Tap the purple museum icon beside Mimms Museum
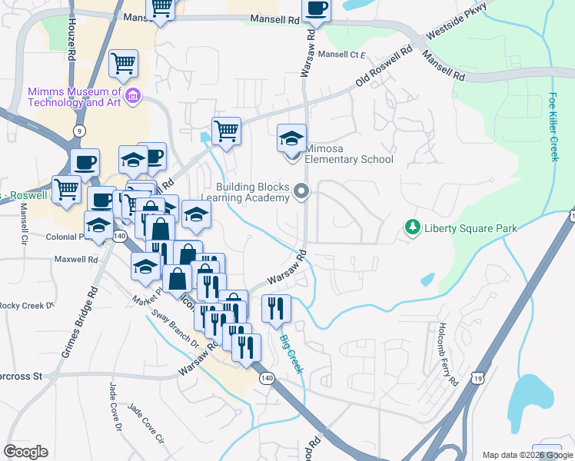[132, 97]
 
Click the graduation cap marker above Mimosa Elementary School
[291, 139]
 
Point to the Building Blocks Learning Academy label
[252, 192]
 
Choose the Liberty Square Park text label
[470, 228]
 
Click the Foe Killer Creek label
[553, 127]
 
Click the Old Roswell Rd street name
[384, 69]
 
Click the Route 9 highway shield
[80, 131]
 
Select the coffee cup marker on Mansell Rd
[315, 9]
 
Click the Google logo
[26, 452]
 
